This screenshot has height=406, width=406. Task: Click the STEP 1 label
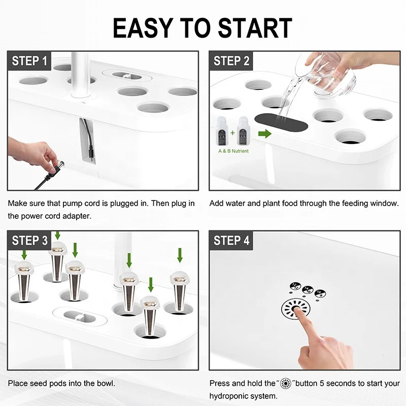click(29, 61)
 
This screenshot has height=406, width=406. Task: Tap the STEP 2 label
click(231, 61)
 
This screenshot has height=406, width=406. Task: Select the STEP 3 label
click(29, 241)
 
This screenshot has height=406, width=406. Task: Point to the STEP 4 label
click(231, 241)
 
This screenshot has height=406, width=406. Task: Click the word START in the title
click(255, 28)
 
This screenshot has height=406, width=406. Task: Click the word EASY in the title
click(143, 28)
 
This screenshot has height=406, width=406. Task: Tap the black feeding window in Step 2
click(281, 122)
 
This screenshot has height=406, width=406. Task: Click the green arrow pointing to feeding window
click(264, 133)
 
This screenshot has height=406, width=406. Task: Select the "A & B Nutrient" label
click(233, 151)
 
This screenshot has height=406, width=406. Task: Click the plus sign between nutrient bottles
click(232, 133)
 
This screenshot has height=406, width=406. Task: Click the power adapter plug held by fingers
click(57, 167)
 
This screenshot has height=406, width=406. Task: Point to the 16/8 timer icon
click(320, 293)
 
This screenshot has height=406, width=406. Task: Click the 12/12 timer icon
click(296, 286)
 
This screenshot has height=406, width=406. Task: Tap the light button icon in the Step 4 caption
click(286, 383)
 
